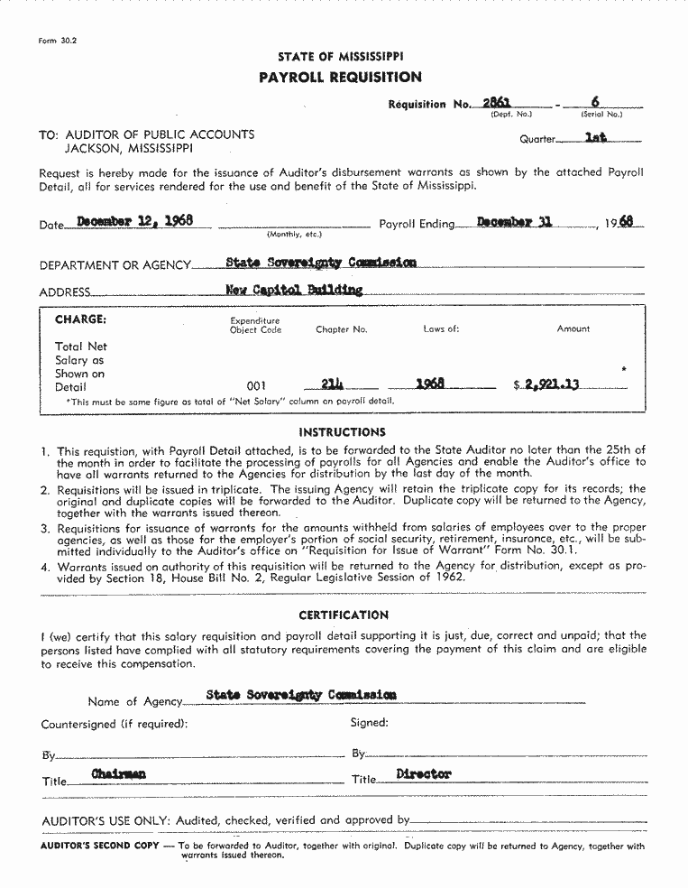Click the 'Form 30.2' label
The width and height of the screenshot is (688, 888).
(x=58, y=42)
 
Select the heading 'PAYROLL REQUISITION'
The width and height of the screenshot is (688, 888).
(x=340, y=78)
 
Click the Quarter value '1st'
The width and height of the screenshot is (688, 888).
(x=596, y=138)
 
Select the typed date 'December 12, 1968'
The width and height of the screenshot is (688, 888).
(x=134, y=220)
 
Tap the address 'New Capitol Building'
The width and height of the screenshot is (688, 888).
(x=294, y=290)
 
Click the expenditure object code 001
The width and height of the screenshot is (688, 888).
(x=256, y=386)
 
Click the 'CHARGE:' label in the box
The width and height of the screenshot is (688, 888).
(x=80, y=319)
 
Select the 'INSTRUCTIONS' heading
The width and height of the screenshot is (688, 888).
(x=342, y=432)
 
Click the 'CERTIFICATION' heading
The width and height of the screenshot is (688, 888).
(x=344, y=615)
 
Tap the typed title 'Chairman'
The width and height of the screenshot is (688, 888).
(x=118, y=774)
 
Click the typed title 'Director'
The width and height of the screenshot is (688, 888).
(x=424, y=774)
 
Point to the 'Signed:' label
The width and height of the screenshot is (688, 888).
(x=370, y=723)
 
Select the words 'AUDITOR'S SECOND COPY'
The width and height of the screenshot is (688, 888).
(x=100, y=846)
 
